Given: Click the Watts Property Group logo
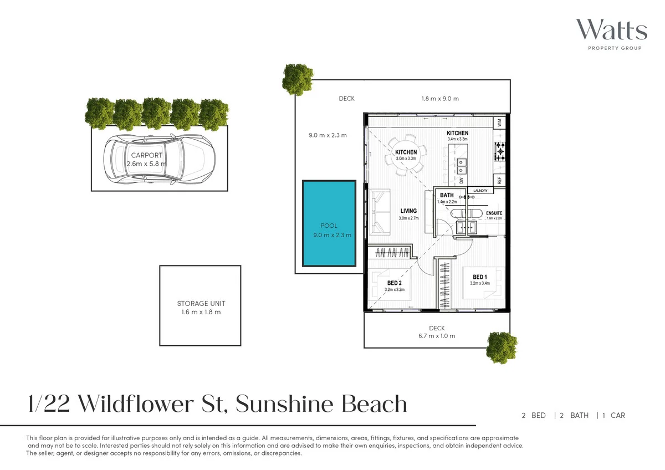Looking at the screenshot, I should (611, 34).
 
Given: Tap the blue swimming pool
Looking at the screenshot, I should (329, 223).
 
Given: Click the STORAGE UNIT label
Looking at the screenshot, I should (201, 304).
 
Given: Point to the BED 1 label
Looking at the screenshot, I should (479, 277).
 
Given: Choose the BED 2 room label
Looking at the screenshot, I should (395, 283).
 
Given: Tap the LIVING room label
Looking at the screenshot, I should (408, 211).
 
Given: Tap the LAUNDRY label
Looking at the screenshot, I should (480, 191).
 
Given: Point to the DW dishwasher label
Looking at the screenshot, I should (461, 181).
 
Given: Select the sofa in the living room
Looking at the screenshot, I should (380, 212).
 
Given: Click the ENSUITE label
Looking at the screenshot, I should (494, 213).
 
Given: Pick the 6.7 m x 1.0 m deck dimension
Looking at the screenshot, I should (437, 336).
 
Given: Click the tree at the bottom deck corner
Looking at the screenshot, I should (502, 348).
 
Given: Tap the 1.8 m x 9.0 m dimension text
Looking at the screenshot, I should (440, 99).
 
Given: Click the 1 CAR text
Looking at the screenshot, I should (613, 415).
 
